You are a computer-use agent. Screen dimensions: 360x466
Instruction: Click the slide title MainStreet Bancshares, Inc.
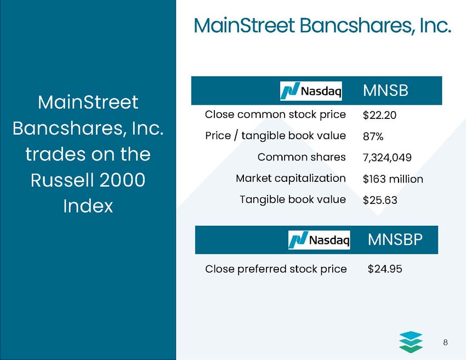(x=322, y=25)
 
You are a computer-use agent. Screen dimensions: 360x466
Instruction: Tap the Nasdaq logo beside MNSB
(x=311, y=91)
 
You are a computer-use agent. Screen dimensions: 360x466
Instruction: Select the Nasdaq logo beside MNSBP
(x=319, y=240)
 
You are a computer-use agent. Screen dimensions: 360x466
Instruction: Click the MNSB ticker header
(x=385, y=91)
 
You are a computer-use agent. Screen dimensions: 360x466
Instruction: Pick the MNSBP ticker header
(x=395, y=239)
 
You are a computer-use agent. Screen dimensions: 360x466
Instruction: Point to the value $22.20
(x=379, y=115)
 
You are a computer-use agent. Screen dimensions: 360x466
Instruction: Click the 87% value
(x=374, y=136)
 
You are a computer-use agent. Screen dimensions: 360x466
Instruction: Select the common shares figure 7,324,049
(x=387, y=157)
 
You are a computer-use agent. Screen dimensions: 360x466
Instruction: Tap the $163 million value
(x=393, y=179)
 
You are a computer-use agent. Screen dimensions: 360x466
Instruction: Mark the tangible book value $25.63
(x=379, y=200)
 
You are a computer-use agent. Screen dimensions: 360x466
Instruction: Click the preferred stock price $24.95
(x=384, y=269)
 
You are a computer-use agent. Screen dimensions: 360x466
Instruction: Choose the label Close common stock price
(x=275, y=115)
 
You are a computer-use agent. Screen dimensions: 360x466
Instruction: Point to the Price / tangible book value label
(x=275, y=135)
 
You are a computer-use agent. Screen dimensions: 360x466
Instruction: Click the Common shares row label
(x=302, y=157)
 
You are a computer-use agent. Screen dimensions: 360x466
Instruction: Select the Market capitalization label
(x=291, y=178)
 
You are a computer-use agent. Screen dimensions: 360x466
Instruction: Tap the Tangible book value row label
(x=293, y=199)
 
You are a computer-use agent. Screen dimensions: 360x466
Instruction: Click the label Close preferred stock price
(x=276, y=269)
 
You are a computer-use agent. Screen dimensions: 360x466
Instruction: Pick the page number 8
(x=446, y=342)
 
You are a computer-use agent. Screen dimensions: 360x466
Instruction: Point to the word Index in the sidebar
(x=88, y=206)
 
